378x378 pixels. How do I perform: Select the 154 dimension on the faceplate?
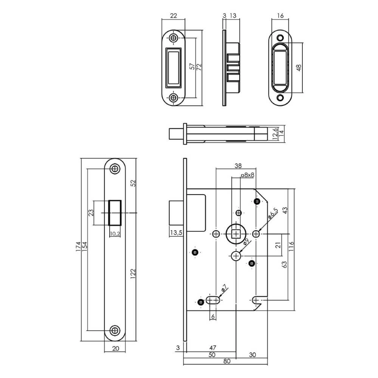(x=85, y=246)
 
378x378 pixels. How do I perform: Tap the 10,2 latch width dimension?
(x=115, y=234)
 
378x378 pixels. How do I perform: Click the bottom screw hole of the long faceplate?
(x=115, y=330)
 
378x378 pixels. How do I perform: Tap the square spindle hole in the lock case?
(x=237, y=234)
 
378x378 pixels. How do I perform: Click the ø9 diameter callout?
(x=246, y=242)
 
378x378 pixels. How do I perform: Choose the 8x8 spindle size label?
(x=248, y=175)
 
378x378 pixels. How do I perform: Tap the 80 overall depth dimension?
(x=226, y=361)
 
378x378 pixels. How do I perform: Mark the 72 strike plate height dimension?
(x=199, y=67)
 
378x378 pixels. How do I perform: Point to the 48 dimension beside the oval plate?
(x=299, y=67)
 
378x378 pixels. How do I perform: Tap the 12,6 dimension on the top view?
(x=275, y=134)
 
